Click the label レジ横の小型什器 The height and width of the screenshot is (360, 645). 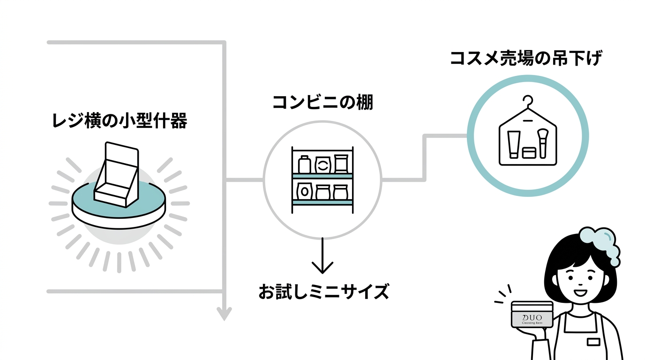coord(119,122)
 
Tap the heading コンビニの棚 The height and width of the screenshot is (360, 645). coord(322,102)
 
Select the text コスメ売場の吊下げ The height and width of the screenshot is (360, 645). coord(525,60)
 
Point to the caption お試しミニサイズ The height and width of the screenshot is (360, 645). coord(323,292)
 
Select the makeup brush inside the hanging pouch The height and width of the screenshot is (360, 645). coord(543,142)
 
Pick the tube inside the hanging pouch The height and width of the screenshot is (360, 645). coord(513,144)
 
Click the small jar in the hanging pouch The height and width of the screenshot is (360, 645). coord(529,153)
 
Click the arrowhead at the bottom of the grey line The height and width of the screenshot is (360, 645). coord(225,313)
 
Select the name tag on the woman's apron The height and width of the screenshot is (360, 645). coord(593,342)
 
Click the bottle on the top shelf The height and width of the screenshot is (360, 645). coord(304,165)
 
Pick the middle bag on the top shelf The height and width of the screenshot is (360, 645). coord(322,165)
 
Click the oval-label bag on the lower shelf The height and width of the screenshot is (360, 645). coord(305,191)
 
